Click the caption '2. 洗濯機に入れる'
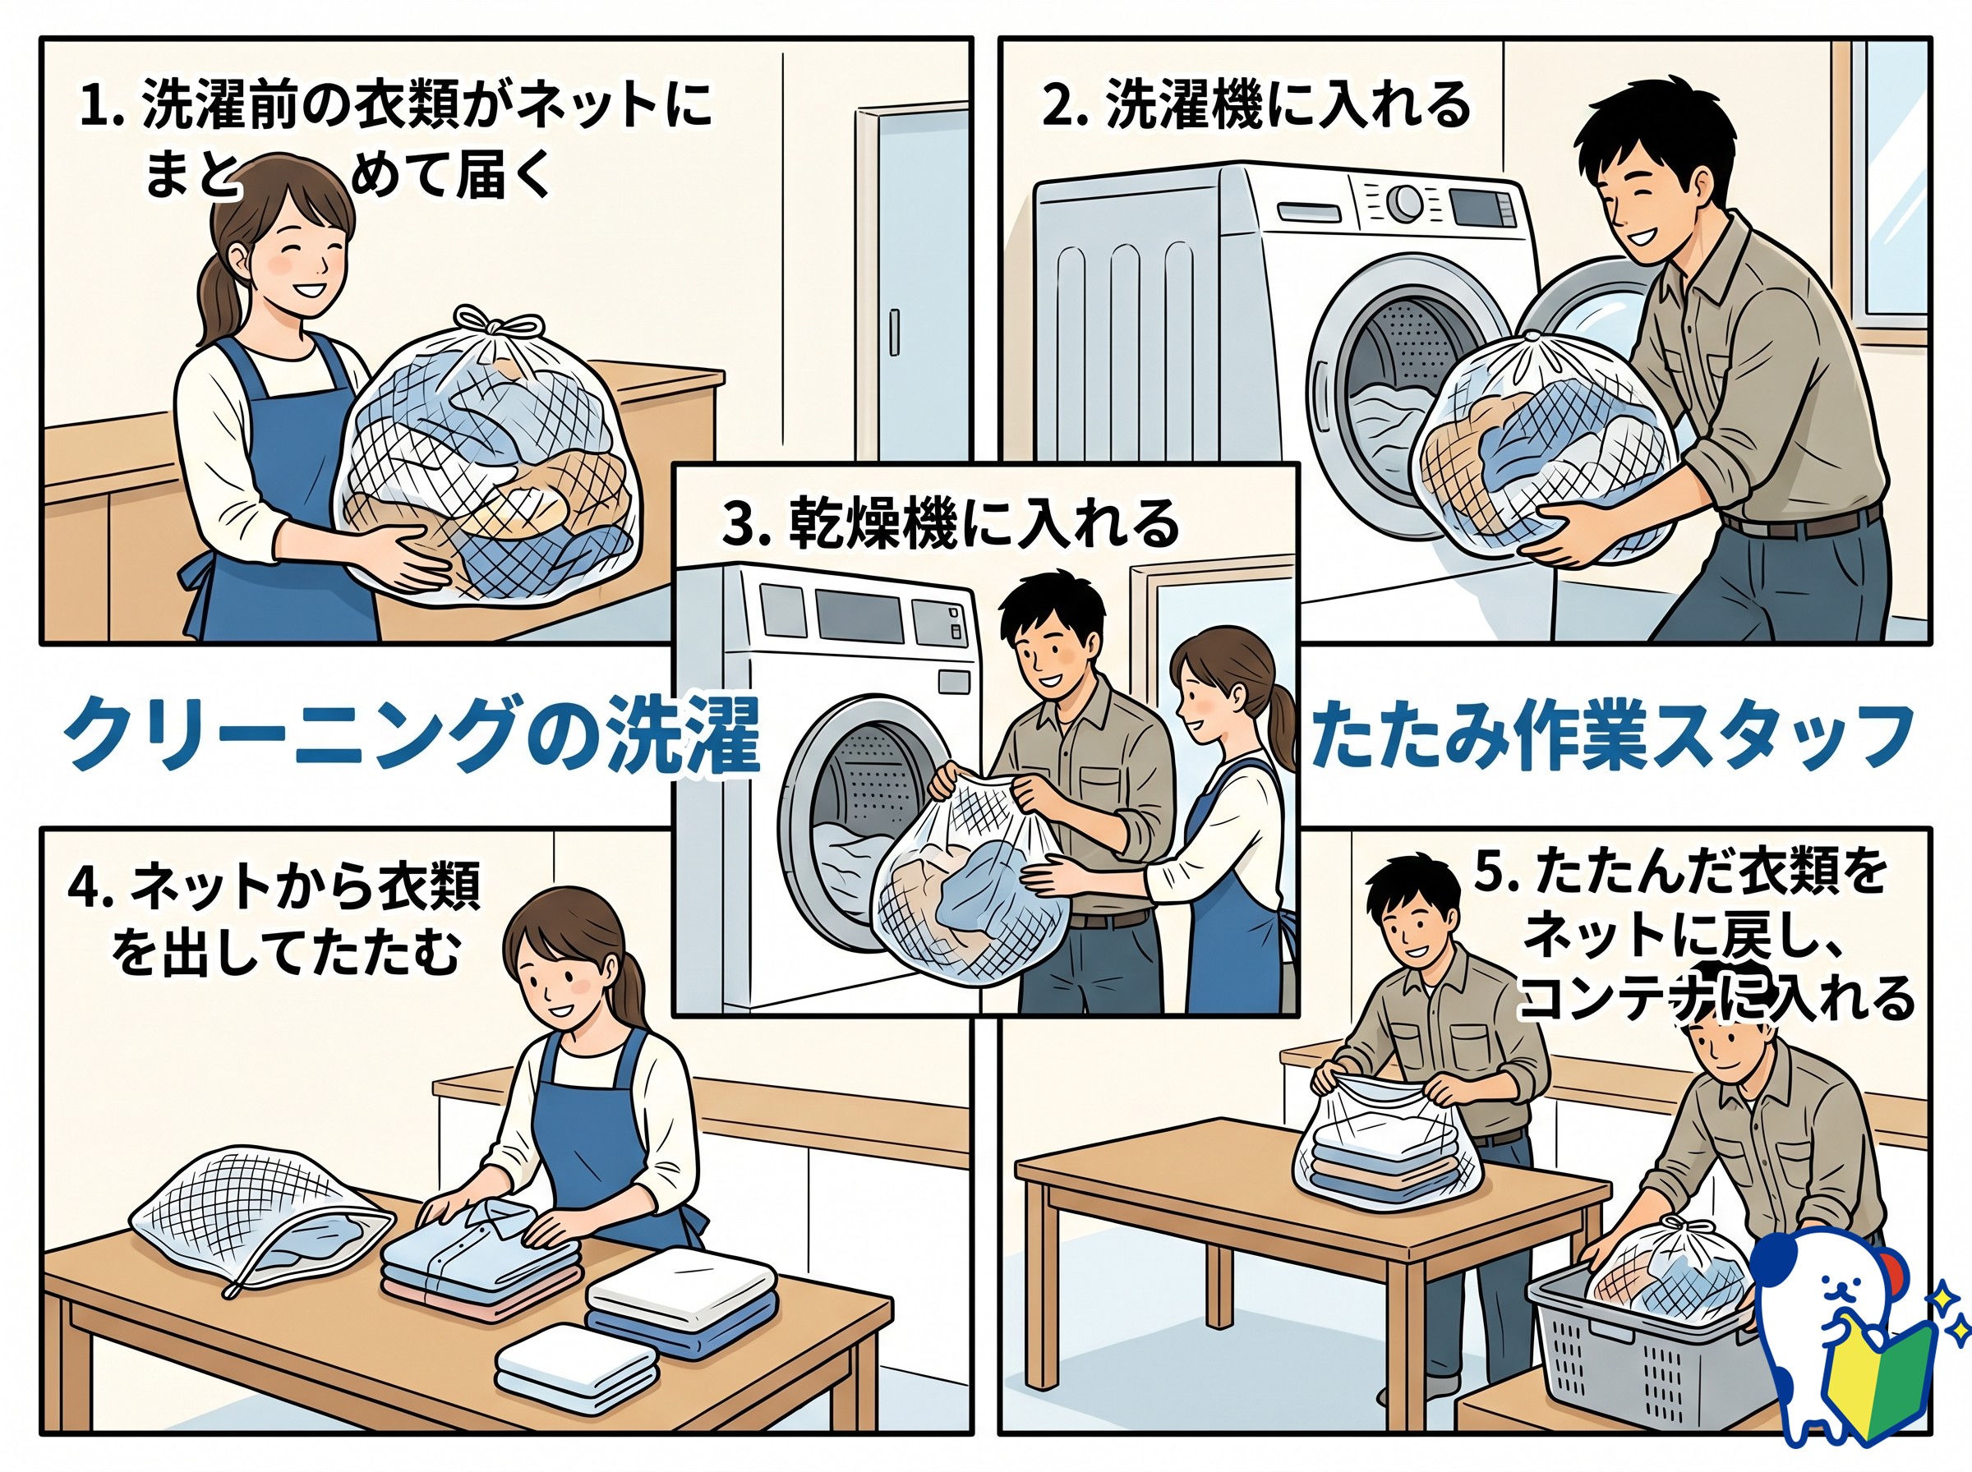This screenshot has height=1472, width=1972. pyautogui.click(x=1256, y=106)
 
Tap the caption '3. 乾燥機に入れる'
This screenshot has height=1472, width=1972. pyautogui.click(x=950, y=523)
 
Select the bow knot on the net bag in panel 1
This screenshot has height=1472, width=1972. pyautogui.click(x=487, y=325)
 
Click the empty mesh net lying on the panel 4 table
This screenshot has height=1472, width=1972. pyautogui.click(x=261, y=1221)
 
